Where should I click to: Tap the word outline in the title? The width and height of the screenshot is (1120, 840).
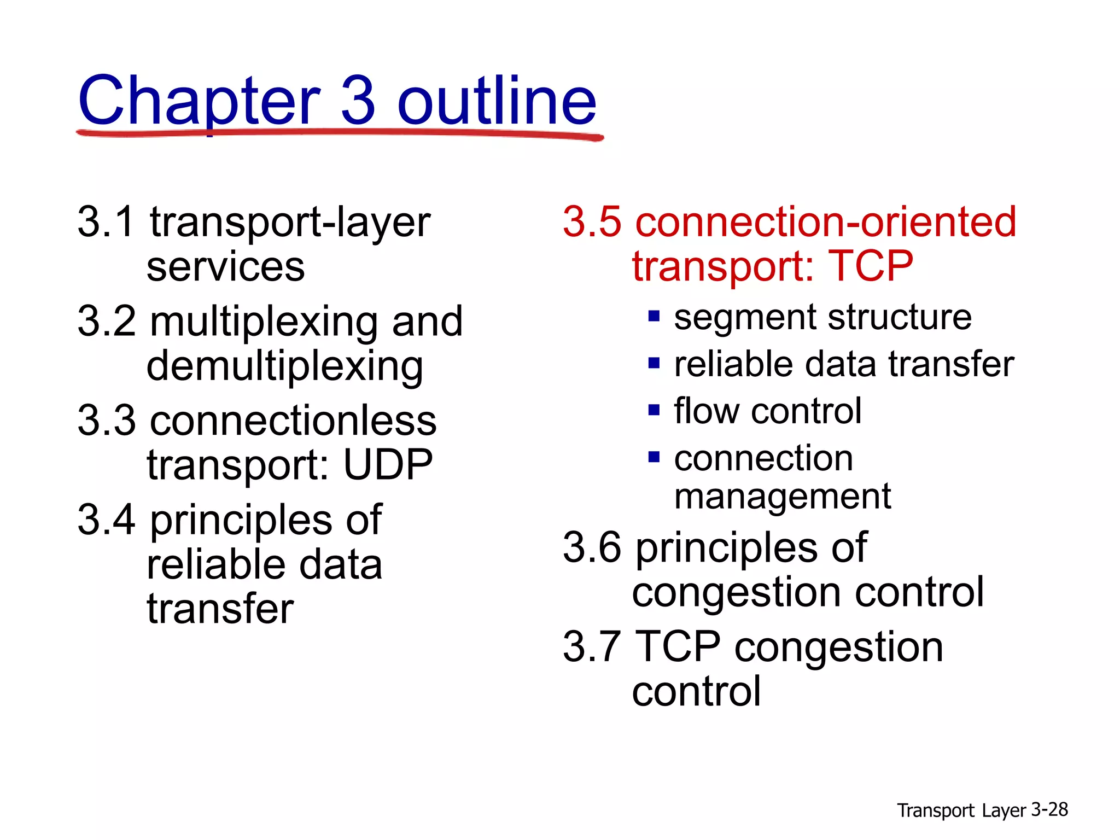tap(497, 101)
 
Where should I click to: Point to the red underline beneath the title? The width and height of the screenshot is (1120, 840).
tap(339, 133)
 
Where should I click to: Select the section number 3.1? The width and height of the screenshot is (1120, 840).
tap(106, 222)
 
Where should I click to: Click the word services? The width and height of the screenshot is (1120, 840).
tap(225, 268)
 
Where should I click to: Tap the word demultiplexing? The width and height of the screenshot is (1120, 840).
tap(284, 366)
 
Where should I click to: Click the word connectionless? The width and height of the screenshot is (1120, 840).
tap(293, 421)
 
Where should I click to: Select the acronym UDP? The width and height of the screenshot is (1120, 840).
tap(388, 465)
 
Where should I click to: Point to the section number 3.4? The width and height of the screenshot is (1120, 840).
tap(106, 520)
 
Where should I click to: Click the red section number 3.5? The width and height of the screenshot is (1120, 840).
tap(592, 222)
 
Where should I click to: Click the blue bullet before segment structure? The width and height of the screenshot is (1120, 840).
tap(654, 316)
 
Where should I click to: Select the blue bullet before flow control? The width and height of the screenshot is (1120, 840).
tap(654, 410)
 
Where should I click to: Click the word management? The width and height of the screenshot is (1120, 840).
tap(783, 497)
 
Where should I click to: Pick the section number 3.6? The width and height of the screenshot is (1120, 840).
tap(592, 547)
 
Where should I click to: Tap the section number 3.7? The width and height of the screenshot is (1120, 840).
tap(592, 646)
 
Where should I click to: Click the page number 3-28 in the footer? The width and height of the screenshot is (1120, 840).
tap(1049, 809)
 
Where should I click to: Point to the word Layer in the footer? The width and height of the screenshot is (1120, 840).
tap(1004, 810)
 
